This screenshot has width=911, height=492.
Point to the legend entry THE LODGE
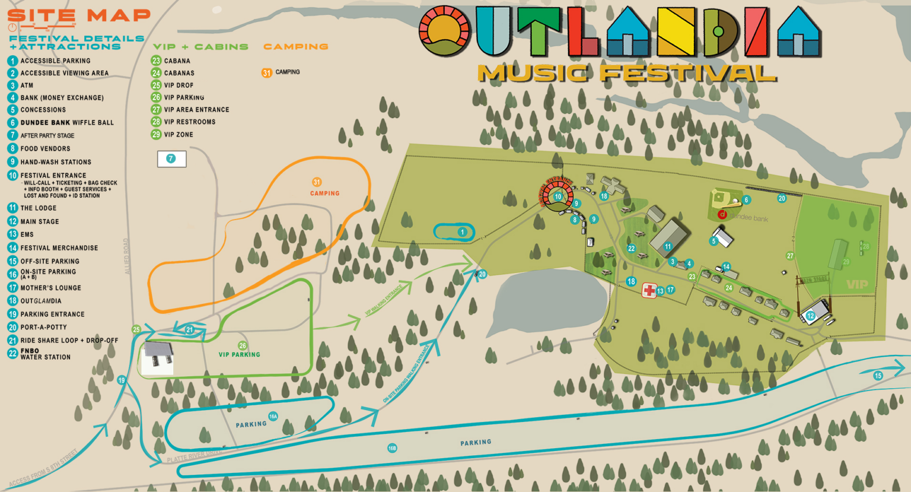[x=38, y=208]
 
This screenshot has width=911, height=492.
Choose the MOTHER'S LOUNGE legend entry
[x=50, y=288]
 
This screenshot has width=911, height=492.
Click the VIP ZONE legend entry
[x=178, y=135]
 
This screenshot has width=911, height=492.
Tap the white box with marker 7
[x=171, y=158]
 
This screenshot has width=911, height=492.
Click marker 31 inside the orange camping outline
[x=317, y=182]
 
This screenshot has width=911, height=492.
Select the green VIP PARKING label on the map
[x=239, y=354]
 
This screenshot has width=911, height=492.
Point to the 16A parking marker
[x=273, y=416]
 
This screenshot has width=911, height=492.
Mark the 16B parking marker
[x=392, y=448]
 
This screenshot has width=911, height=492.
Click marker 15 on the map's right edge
[x=878, y=376]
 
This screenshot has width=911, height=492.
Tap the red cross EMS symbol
[x=649, y=290]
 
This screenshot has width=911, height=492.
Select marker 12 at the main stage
[x=811, y=316]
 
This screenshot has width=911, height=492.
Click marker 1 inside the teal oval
[x=462, y=232]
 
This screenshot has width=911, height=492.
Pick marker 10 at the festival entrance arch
[x=558, y=197]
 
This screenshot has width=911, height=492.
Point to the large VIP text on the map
[x=857, y=284]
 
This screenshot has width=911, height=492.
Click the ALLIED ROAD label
[x=126, y=256]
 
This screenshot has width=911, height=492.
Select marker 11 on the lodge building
[x=668, y=246]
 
